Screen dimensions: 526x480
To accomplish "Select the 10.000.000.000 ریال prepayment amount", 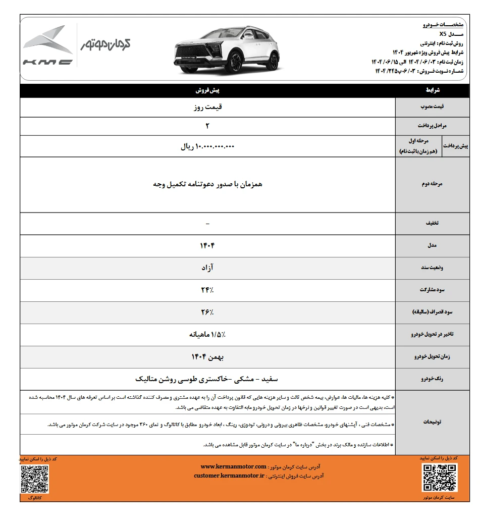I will click(x=207, y=147).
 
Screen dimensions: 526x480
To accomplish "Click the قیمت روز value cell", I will click(x=207, y=107).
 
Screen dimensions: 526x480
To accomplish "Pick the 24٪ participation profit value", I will click(x=207, y=290).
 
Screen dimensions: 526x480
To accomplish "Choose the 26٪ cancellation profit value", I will click(x=207, y=312).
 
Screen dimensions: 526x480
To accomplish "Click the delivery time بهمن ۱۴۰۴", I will click(x=207, y=356).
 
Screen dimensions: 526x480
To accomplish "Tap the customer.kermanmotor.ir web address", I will click(x=229, y=476).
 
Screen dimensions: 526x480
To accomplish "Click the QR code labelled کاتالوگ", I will click(x=35, y=479).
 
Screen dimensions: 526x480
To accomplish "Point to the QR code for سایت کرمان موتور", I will click(x=439, y=478).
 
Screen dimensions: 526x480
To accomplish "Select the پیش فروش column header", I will click(x=207, y=91).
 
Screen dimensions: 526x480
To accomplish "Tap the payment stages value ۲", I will click(x=207, y=125).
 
